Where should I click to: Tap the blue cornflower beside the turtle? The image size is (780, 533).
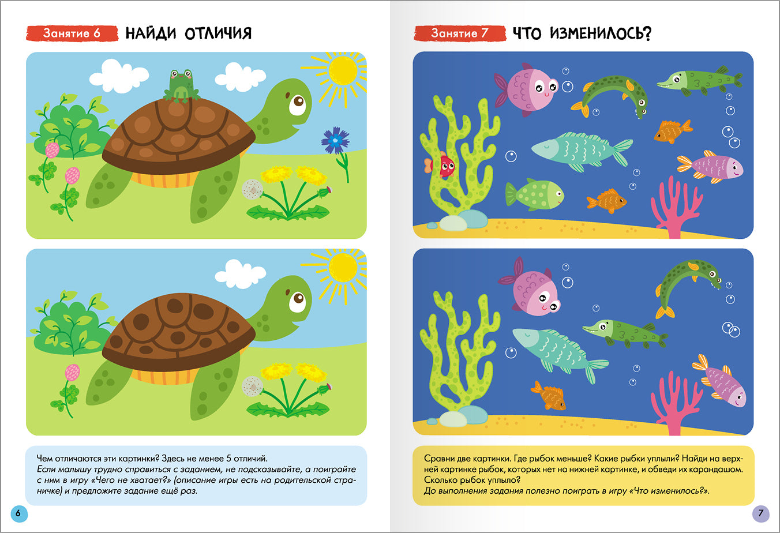tap(335, 141)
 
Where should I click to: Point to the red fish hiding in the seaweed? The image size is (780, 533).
tap(445, 166)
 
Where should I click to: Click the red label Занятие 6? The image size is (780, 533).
tap(72, 33)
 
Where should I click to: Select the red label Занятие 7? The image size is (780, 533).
tap(459, 33)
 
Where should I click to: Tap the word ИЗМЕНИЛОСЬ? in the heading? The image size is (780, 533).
tap(600, 33)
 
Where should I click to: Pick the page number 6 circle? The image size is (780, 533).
tap(18, 513)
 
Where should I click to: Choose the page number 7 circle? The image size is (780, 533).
tap(760, 513)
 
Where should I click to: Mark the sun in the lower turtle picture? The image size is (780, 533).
tap(343, 268)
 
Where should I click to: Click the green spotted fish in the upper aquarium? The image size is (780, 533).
tap(535, 195)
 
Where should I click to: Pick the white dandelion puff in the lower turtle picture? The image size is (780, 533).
tap(252, 386)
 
